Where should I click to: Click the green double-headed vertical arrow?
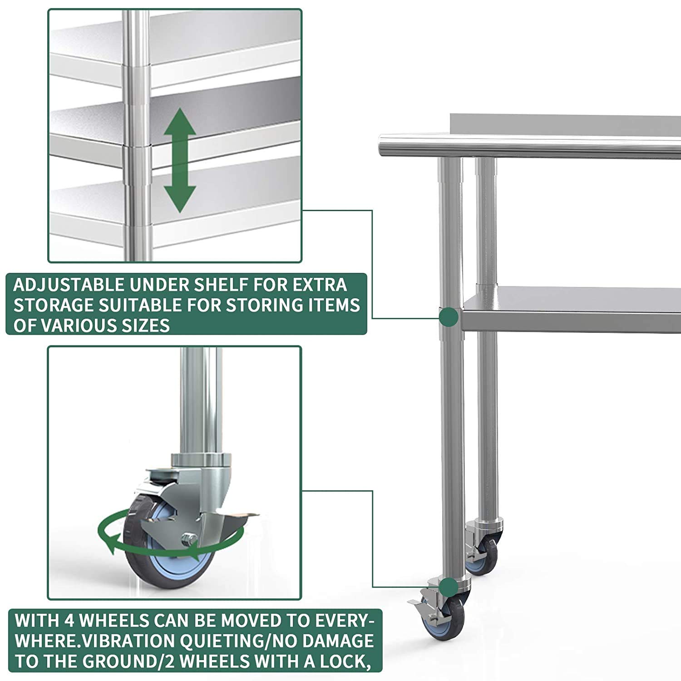pos(180,160)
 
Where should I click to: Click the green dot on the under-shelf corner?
pos(449,317)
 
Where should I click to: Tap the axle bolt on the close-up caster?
pos(188,539)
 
